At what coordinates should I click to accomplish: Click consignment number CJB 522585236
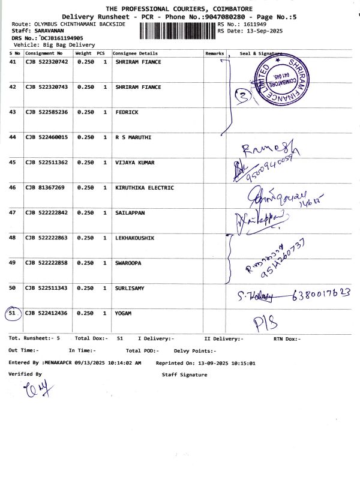click(x=47, y=112)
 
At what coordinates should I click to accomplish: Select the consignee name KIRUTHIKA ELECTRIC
click(x=145, y=188)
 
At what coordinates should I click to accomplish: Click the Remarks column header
click(x=214, y=53)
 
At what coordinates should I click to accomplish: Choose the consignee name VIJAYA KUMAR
click(x=136, y=163)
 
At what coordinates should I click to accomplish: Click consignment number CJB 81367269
click(x=44, y=188)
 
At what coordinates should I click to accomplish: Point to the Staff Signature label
click(x=184, y=375)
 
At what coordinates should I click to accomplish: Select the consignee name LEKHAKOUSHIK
click(x=135, y=238)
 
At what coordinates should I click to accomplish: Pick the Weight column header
click(x=83, y=53)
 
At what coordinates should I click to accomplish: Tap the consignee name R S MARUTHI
click(x=133, y=137)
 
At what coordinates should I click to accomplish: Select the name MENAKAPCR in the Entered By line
click(x=59, y=363)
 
